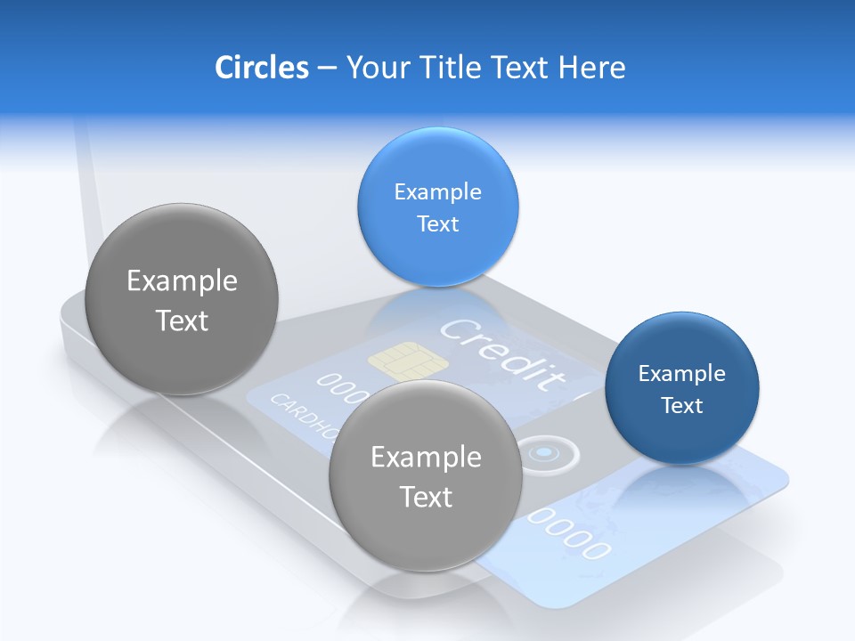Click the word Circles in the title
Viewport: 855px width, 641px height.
(261, 67)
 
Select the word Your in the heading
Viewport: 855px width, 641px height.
(375, 67)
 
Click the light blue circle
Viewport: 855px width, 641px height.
(437, 207)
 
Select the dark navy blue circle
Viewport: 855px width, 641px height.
(681, 388)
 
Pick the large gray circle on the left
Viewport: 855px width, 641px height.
(182, 299)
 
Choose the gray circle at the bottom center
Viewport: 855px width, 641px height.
(426, 475)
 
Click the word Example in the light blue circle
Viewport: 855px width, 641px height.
(437, 191)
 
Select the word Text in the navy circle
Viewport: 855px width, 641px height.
(682, 406)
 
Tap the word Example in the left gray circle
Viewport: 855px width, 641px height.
(182, 281)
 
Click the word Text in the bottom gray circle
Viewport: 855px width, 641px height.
(426, 497)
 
